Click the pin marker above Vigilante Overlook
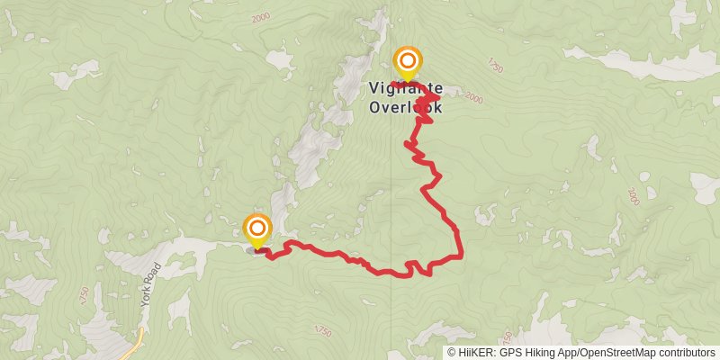(408, 62)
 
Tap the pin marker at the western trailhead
(257, 229)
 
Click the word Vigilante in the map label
(405, 89)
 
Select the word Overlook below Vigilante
(405, 106)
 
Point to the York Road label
(149, 285)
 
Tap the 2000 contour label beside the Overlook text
(473, 98)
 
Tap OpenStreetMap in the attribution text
(617, 352)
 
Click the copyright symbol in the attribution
(452, 352)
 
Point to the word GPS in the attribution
(512, 352)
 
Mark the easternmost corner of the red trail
(460, 256)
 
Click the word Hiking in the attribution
(544, 352)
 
